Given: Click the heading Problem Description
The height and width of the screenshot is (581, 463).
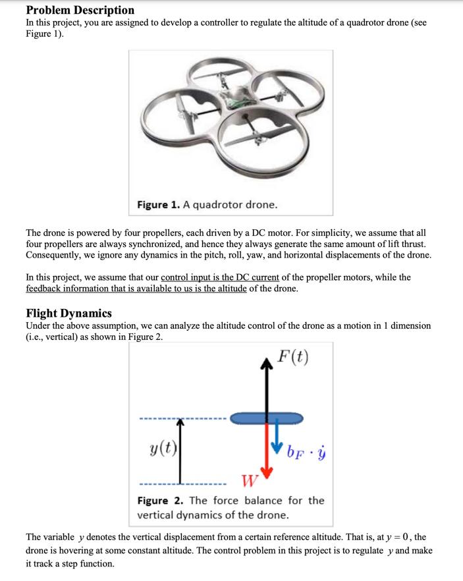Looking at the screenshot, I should coord(80,10).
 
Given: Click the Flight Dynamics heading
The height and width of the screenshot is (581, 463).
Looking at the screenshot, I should coord(68,313).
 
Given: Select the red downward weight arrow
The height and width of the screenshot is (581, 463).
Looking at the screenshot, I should coord(267,455).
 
